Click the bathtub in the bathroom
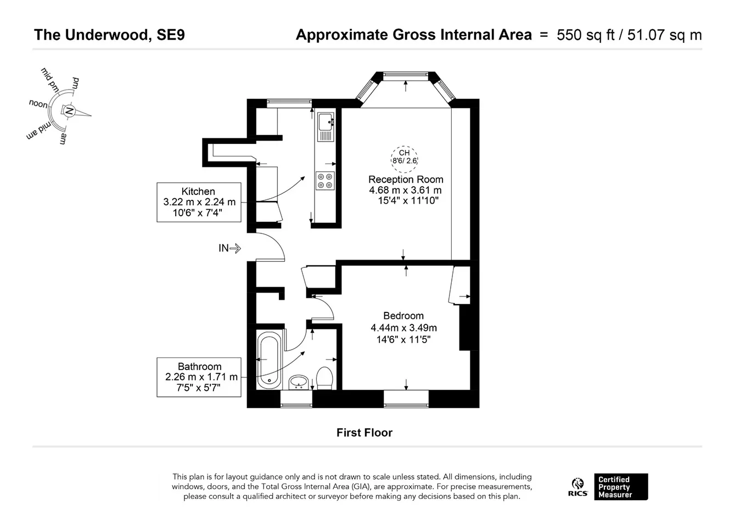(269, 360)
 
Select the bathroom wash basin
(299, 382)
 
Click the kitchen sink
(326, 127)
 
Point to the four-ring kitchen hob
(325, 181)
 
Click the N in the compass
(69, 111)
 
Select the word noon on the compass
(38, 104)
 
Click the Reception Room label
(406, 180)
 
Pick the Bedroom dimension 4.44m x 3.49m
(403, 328)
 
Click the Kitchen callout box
(199, 202)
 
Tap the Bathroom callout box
(199, 377)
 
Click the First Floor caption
(364, 433)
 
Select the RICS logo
(578, 487)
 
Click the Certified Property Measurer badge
(621, 487)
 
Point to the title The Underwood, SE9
(109, 35)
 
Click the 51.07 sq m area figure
(665, 35)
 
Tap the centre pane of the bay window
(405, 76)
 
